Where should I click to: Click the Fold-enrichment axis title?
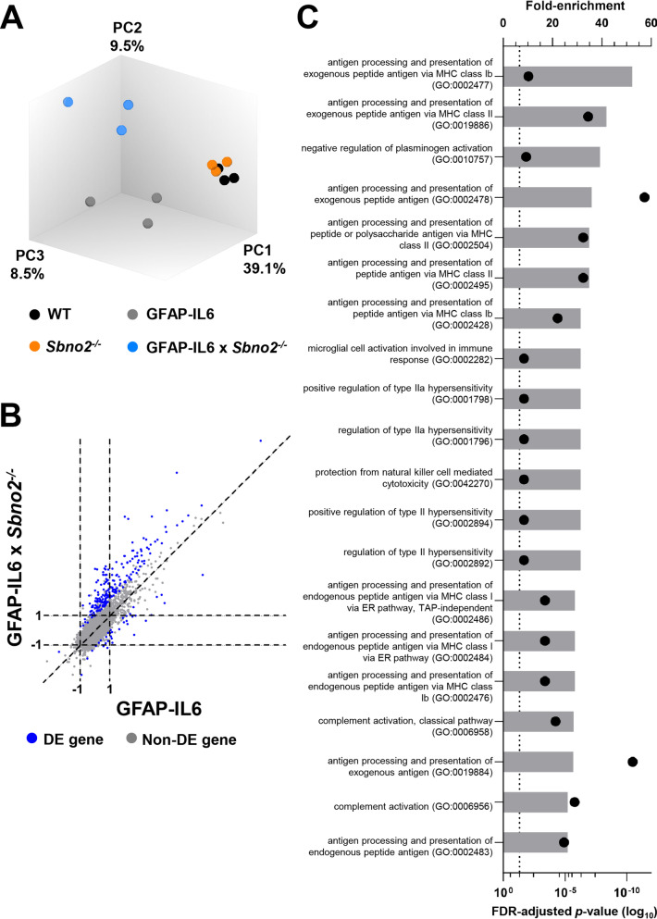574,6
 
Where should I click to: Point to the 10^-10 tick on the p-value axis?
627,894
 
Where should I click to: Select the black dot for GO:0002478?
645,197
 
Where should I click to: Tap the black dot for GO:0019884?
632,761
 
